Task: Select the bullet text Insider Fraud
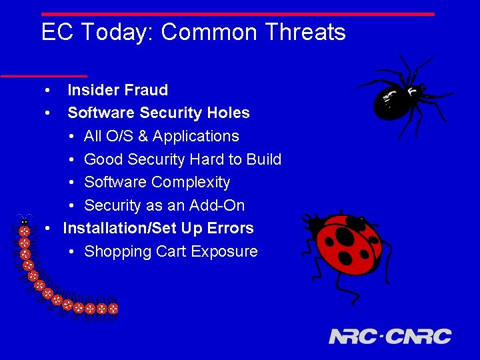(117, 90)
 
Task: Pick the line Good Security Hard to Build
(183, 160)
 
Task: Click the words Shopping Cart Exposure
(171, 251)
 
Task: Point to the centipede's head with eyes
(25, 221)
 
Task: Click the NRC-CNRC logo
(390, 337)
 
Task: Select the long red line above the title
(237, 13)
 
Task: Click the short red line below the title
(43, 75)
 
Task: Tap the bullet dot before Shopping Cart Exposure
(71, 252)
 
